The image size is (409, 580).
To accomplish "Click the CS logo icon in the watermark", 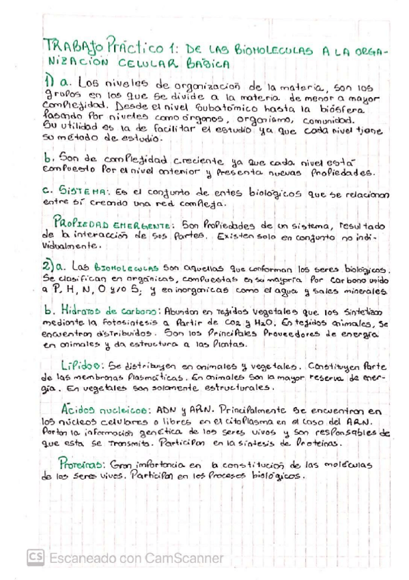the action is (35, 557).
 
